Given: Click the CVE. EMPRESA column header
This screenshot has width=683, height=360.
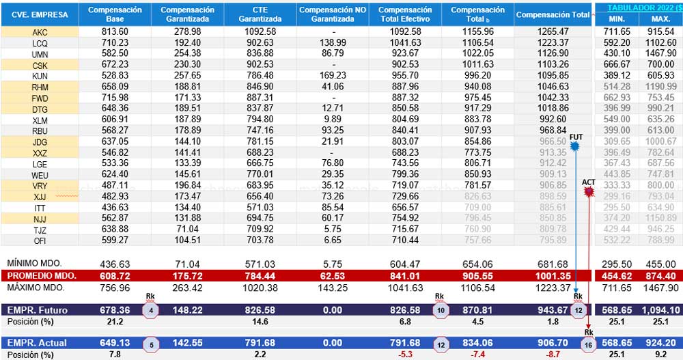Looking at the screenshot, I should point(39,14).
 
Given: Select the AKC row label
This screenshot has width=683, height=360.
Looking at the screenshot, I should point(40,32).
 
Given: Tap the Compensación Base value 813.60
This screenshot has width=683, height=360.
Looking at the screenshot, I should point(115,32).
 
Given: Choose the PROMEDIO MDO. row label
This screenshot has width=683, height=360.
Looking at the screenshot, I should point(42,275).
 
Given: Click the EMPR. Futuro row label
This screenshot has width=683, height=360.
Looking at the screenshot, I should point(38,310).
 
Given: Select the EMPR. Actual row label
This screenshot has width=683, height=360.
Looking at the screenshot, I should point(37,342).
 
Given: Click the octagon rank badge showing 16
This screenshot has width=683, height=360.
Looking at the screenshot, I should point(588,343).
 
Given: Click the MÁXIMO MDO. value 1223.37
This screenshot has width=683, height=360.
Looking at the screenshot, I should point(553,288).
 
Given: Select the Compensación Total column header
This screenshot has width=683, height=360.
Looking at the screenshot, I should point(553,15).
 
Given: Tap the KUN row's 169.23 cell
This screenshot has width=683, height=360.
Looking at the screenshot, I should point(332,74).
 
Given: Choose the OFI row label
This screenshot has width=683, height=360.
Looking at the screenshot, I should point(40,240).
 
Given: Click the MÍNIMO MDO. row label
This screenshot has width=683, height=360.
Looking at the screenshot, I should point(34,263).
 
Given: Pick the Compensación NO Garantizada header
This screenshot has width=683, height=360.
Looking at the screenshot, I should point(332,14).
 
